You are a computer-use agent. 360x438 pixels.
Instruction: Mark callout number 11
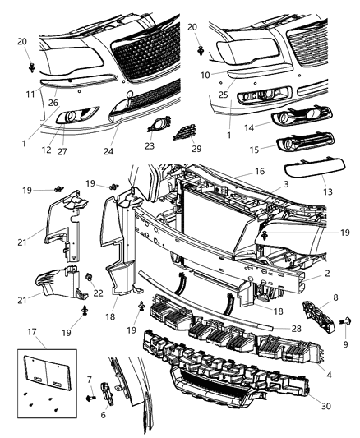pyautogui.click(x=30, y=93)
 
